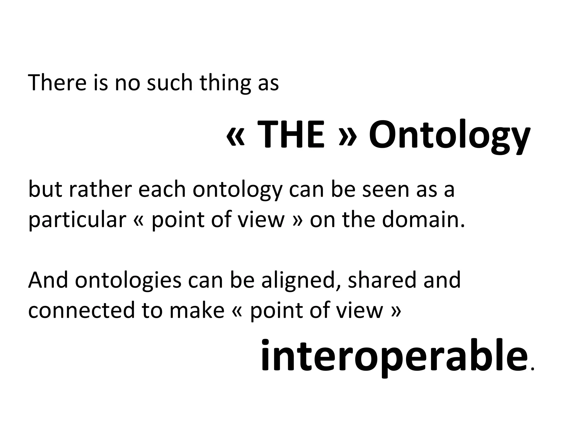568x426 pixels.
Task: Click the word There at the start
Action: pyautogui.click(x=57, y=82)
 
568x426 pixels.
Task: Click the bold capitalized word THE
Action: pyautogui.click(x=291, y=135)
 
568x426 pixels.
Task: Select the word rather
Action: pyautogui.click(x=100, y=189)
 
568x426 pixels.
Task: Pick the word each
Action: pyautogui.click(x=161, y=189)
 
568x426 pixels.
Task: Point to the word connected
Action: pyautogui.click(x=81, y=310)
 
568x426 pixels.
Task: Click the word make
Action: pyautogui.click(x=197, y=310)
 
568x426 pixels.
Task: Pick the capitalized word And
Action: pyautogui.click(x=48, y=280)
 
